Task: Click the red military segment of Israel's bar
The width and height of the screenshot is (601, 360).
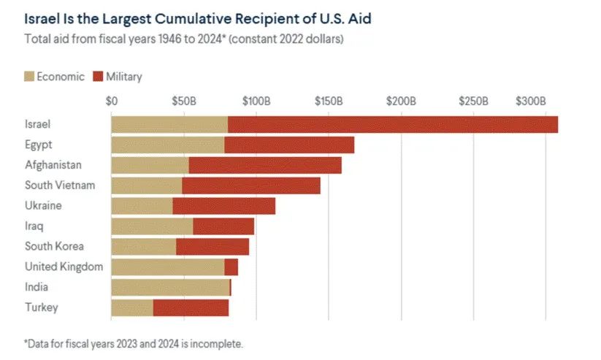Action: click(392, 124)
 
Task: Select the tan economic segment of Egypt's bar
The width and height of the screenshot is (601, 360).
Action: click(167, 145)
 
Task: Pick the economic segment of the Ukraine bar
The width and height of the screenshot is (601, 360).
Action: click(142, 206)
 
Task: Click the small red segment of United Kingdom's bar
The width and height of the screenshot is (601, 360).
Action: click(231, 267)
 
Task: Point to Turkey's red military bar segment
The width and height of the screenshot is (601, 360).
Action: click(191, 307)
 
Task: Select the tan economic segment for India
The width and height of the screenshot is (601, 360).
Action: click(170, 287)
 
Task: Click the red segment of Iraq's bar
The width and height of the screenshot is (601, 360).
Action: click(223, 226)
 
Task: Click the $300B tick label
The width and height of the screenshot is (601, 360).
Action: click(530, 99)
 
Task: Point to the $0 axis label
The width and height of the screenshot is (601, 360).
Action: click(112, 99)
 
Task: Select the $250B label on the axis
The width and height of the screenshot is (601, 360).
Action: click(473, 99)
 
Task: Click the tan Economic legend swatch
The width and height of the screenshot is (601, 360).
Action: click(30, 76)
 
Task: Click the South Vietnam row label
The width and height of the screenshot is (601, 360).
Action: click(60, 185)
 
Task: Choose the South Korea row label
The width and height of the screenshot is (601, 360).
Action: click(54, 246)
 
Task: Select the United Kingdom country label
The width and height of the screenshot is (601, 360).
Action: click(64, 267)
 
